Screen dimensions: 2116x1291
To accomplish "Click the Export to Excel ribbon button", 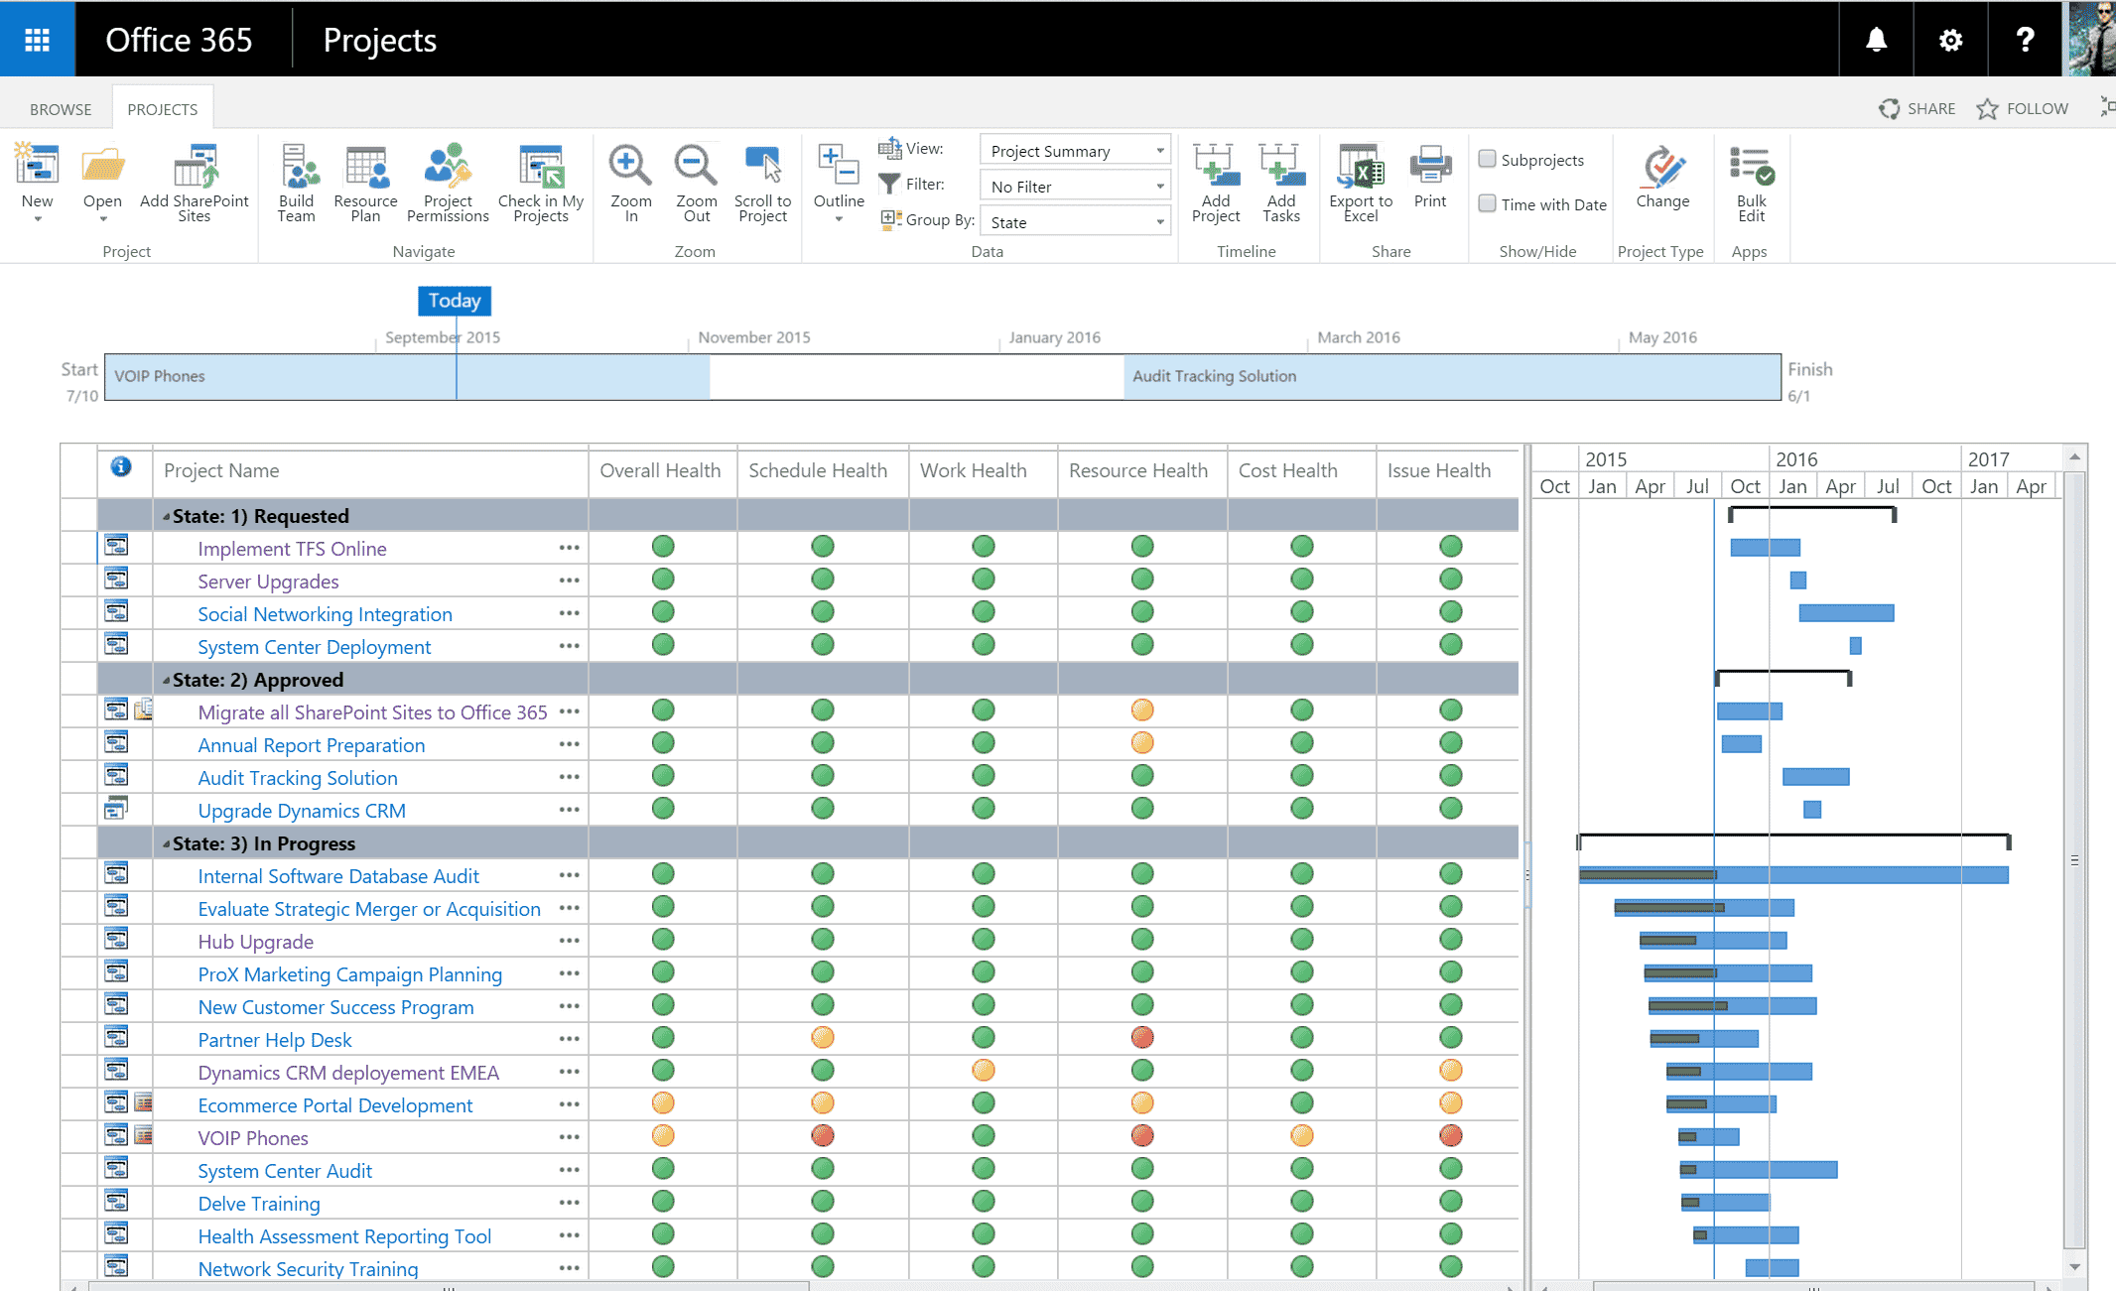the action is [1361, 184].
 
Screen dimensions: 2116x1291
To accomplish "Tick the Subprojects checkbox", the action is [1487, 159].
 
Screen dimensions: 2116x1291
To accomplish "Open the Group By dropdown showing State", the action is [1075, 221].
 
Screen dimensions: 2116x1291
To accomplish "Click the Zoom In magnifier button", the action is [630, 184].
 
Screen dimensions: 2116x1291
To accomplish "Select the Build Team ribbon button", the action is [296, 184].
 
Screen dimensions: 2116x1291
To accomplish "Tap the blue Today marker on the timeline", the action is [455, 301].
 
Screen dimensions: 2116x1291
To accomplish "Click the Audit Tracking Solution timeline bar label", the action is [1214, 376].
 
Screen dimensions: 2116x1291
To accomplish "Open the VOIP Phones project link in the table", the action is [253, 1138].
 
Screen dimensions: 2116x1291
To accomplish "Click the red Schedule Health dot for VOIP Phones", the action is [822, 1135].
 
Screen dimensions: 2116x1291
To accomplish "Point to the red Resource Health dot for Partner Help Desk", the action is [1142, 1037].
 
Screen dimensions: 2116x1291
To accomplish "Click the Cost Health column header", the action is [1287, 470].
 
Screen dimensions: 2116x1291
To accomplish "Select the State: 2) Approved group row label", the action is [258, 680].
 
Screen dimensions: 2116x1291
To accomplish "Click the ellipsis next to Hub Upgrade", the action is [569, 941].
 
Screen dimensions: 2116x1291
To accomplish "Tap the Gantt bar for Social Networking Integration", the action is [1846, 613].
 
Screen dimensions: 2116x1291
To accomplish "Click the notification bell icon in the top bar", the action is [1876, 40].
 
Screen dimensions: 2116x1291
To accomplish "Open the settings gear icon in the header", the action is [1950, 40].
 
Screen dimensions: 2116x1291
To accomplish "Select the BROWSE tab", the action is [61, 109].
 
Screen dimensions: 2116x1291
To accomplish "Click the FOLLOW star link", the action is [2023, 109].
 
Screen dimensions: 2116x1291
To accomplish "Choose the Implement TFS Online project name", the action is [292, 549].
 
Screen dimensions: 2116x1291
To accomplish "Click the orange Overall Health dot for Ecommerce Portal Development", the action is [663, 1102].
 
